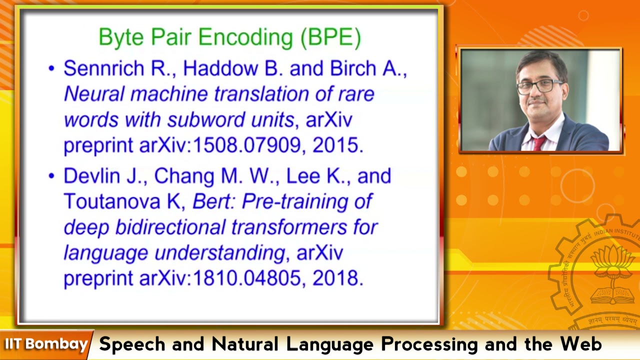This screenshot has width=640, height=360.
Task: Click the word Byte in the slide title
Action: (121, 37)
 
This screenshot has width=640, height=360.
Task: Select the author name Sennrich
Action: (103, 68)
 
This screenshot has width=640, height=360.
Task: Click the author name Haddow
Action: (220, 68)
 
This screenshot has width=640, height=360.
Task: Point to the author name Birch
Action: (353, 68)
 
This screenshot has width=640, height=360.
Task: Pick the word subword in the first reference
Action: (202, 119)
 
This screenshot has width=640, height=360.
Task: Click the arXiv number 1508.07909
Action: (247, 145)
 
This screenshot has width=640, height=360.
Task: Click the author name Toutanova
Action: (111, 201)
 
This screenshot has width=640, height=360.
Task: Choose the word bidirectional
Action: (170, 227)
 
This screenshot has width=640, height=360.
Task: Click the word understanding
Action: (219, 253)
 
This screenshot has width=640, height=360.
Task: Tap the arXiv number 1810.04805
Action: (247, 278)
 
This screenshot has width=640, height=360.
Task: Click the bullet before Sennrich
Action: (51, 68)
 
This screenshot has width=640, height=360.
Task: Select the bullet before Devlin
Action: (51, 176)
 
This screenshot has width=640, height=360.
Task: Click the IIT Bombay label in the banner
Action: (46, 344)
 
